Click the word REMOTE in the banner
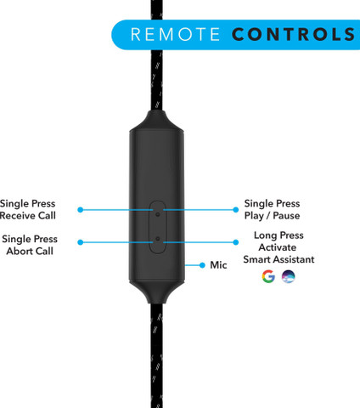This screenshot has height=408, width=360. point(175,34)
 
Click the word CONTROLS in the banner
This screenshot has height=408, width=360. point(293,34)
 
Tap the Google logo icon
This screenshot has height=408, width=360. point(268,276)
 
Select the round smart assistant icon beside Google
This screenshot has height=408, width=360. point(289,276)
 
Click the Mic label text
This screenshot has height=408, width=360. point(218,265)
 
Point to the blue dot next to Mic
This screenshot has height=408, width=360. point(202,265)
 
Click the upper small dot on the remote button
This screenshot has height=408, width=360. point(158,214)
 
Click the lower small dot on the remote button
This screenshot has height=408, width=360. point(158,239)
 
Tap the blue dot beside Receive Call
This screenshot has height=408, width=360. point(81,210)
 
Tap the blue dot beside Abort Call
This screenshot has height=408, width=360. point(81,242)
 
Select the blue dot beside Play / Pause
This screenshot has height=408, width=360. point(235,210)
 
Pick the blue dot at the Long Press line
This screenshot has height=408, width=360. point(235,242)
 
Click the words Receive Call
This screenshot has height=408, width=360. point(28,216)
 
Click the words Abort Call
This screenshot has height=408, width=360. point(30,251)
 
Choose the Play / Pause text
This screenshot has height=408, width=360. point(272,216)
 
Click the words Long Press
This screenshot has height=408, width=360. point(278,235)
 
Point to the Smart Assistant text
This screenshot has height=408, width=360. point(278,259)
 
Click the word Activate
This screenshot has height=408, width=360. point(278,247)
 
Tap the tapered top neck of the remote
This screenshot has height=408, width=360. point(157,121)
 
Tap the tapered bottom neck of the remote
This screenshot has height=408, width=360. point(157,292)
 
